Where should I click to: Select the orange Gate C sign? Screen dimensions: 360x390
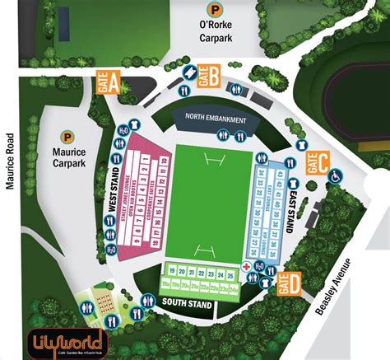click(x=317, y=162)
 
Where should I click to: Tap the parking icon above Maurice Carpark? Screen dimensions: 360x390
click(x=65, y=137)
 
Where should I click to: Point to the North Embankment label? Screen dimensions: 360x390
click(x=216, y=118)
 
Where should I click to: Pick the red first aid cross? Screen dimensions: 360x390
click(x=246, y=269)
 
